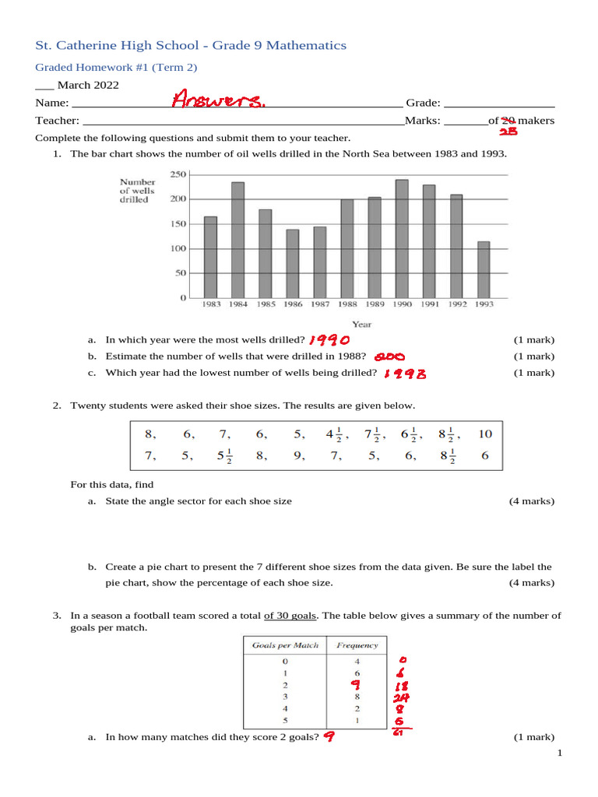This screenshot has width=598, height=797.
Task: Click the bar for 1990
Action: [402, 239]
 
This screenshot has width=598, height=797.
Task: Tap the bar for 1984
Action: [237, 240]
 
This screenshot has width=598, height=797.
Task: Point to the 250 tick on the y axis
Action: [178, 174]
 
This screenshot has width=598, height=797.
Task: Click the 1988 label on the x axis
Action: [346, 304]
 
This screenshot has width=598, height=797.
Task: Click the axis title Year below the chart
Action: [361, 324]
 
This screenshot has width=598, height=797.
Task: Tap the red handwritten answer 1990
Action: [329, 340]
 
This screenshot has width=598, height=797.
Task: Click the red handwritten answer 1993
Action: [404, 374]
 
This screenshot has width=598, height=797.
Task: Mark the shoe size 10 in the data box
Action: [484, 434]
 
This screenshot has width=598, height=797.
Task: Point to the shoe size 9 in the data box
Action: [299, 457]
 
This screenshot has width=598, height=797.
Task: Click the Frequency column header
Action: [357, 644]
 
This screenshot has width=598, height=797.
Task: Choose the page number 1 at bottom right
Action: [559, 754]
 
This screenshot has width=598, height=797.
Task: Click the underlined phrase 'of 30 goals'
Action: [290, 615]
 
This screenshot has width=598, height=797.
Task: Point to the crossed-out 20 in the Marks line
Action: [508, 121]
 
